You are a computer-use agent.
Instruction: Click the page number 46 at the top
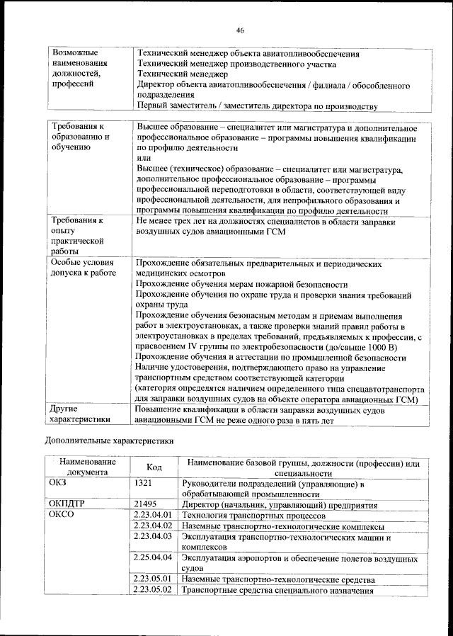(x=240, y=30)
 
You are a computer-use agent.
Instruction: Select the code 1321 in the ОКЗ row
(x=143, y=484)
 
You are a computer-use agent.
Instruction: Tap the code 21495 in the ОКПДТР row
(x=144, y=504)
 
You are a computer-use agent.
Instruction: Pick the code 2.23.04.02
(x=153, y=526)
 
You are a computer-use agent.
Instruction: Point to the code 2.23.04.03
(x=153, y=538)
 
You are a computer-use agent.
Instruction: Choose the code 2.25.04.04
(x=153, y=559)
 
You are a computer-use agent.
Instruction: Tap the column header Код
(x=154, y=467)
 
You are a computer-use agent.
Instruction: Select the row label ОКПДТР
(x=67, y=504)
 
